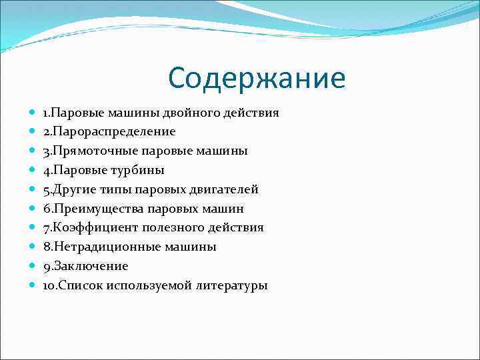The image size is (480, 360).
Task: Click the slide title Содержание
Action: (x=257, y=78)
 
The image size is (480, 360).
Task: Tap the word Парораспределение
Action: (x=113, y=132)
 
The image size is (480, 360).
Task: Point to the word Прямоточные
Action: (x=91, y=151)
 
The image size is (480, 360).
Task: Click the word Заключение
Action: (x=90, y=266)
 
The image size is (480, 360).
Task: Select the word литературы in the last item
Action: (x=231, y=285)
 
